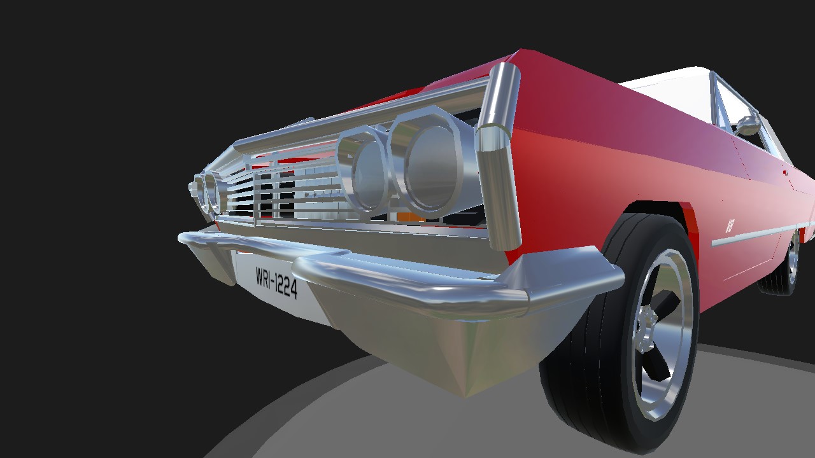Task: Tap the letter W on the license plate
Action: tap(260, 276)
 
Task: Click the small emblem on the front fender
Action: tap(730, 226)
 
